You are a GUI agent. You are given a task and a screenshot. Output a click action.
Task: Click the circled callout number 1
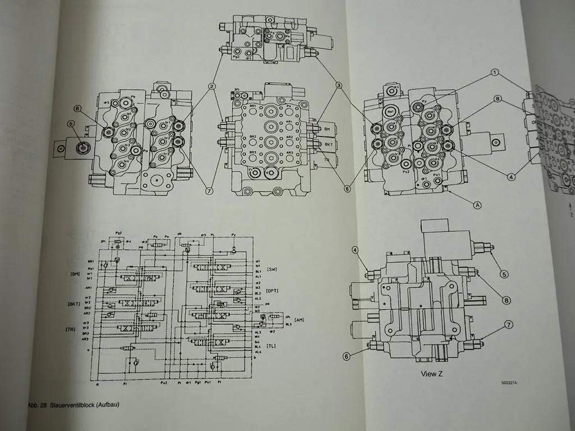(x=494, y=72)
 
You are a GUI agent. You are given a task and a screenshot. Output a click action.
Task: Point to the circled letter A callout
(x=478, y=205)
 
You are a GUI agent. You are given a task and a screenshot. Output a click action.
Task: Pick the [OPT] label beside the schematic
(x=273, y=290)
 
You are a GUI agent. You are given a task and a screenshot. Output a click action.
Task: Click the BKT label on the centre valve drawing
(x=328, y=144)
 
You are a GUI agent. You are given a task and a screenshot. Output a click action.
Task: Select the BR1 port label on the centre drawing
(x=253, y=106)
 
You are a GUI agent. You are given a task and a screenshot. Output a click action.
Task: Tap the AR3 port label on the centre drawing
(x=290, y=153)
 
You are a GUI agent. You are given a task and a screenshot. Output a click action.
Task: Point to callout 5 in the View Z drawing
(x=505, y=274)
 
